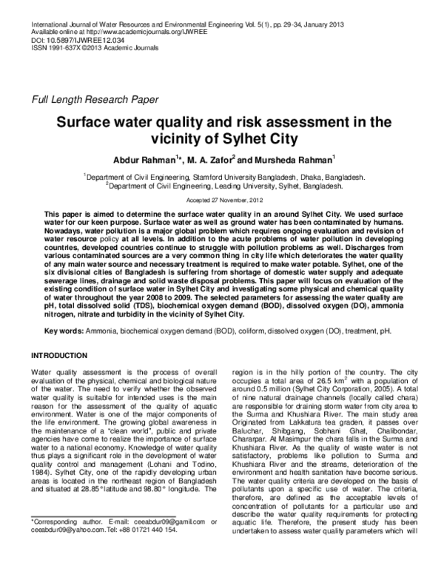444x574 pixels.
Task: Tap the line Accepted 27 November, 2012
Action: (x=221, y=200)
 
